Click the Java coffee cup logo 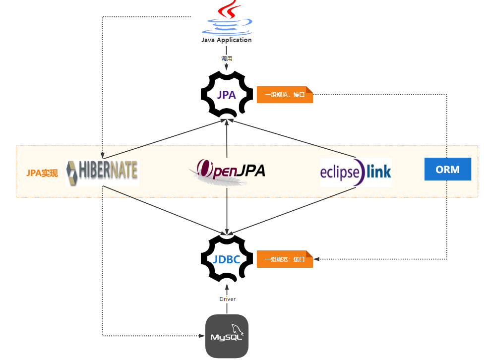pos(227,18)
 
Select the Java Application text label pos(227,40)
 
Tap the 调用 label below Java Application pos(227,59)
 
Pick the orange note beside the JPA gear pos(285,95)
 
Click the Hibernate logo pos(102,172)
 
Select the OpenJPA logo pos(227,172)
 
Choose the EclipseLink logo pos(356,172)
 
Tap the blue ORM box pos(447,169)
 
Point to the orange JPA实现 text pos(42,173)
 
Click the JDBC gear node pos(227,259)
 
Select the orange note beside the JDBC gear pos(285,259)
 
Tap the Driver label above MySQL pos(227,299)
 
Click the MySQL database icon pos(227,336)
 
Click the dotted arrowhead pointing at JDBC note pos(317,259)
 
